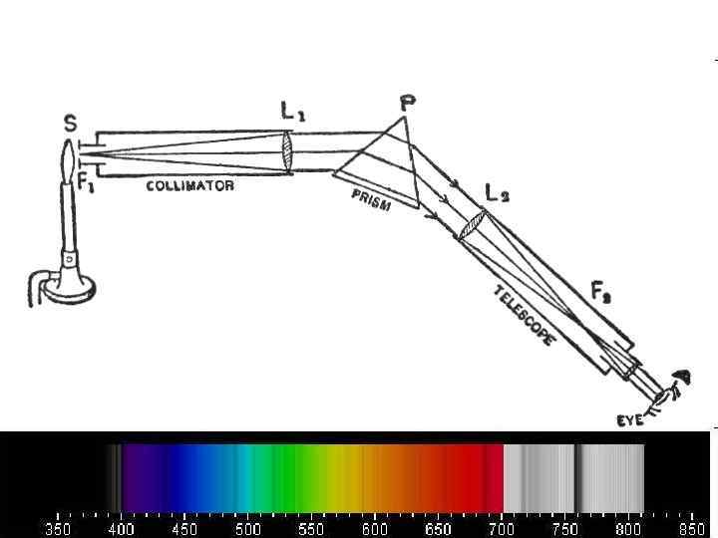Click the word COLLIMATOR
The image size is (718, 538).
[x=190, y=185]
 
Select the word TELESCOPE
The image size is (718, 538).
[x=525, y=316]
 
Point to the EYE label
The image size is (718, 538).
[x=630, y=420]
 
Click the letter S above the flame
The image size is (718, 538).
[x=71, y=124]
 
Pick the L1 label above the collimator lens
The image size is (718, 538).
[x=292, y=112]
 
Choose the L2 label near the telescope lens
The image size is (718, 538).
[x=497, y=194]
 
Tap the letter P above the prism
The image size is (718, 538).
[x=407, y=104]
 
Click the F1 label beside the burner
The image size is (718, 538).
[x=86, y=183]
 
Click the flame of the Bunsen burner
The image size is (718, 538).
[x=68, y=161]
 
